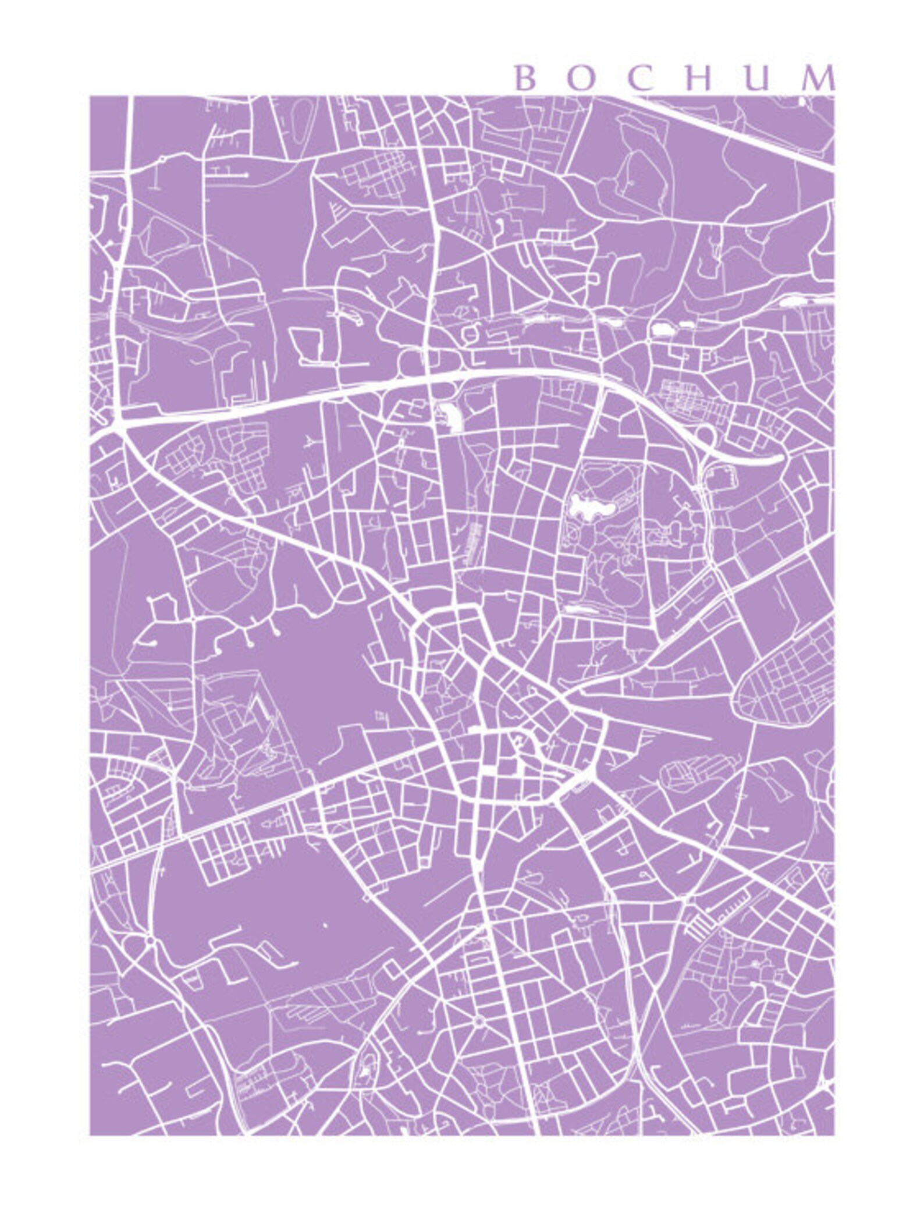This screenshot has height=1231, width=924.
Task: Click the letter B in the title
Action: (525, 79)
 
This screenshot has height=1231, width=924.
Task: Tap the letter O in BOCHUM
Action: (580, 79)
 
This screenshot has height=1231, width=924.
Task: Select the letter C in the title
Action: (639, 79)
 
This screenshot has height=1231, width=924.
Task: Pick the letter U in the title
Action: (756, 79)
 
